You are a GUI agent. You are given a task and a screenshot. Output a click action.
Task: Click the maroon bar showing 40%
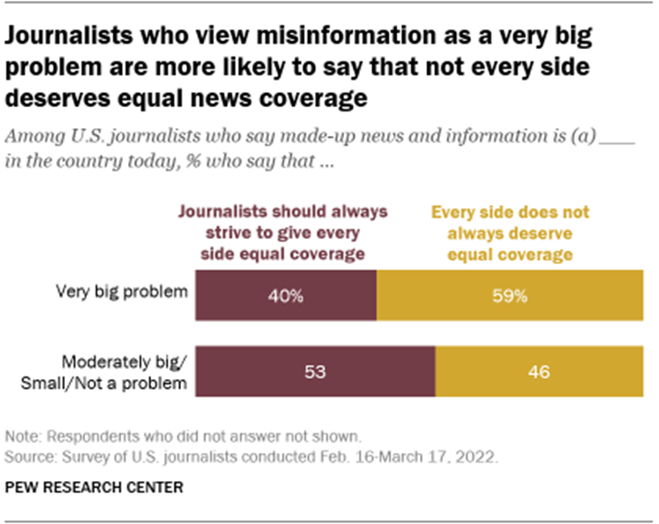pos(286,296)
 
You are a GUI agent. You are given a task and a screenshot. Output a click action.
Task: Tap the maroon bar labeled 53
pos(315,371)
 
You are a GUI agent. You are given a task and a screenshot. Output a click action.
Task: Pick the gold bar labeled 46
pos(538,371)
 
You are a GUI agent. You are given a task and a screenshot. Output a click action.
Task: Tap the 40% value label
pos(286,297)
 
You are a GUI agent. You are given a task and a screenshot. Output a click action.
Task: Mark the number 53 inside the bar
pos(315,372)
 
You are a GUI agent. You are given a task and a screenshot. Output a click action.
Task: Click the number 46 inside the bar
pos(538,372)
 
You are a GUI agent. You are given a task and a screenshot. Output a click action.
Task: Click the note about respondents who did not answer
pos(183,436)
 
